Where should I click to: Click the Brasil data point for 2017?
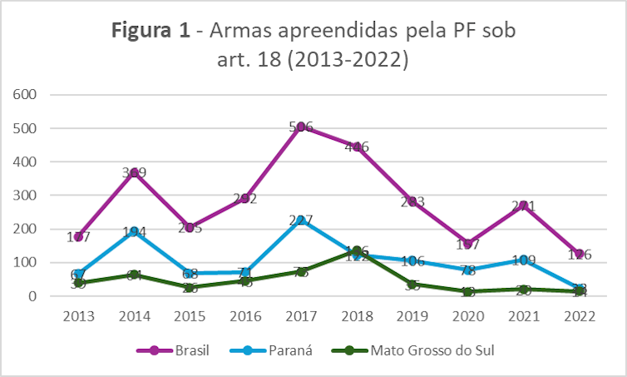pyautogui.click(x=301, y=127)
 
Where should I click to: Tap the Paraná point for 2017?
pyautogui.click(x=301, y=221)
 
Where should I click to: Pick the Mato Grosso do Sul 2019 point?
pyautogui.click(x=412, y=285)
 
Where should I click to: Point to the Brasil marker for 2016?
pyautogui.click(x=246, y=200)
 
